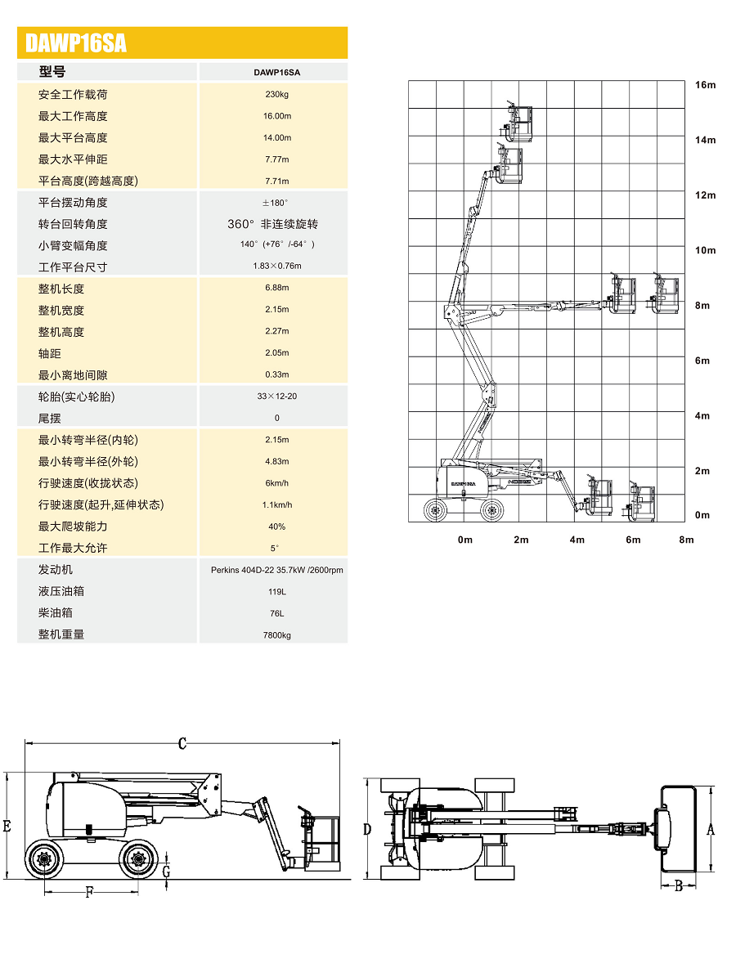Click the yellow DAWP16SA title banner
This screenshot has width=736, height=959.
182,43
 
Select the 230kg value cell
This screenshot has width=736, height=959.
276,94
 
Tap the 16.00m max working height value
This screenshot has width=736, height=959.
276,116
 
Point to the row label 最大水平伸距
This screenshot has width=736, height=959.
73,159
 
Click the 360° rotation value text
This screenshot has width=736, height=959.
272,224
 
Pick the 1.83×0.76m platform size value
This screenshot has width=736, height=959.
276,266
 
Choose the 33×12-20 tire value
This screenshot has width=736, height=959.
276,397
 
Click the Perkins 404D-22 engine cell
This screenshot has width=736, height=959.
276,570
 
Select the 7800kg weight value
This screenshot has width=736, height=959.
276,634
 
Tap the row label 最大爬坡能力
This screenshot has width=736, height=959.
73,527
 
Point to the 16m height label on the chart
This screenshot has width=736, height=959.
705,85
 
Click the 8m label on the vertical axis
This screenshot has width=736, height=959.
703,306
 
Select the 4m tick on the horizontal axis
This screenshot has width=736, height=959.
577,540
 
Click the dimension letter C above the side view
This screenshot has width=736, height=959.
182,744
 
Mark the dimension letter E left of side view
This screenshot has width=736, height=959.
7,827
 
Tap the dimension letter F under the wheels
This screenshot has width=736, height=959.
90,893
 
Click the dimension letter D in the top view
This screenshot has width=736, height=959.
367,829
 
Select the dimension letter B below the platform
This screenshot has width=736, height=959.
679,885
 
